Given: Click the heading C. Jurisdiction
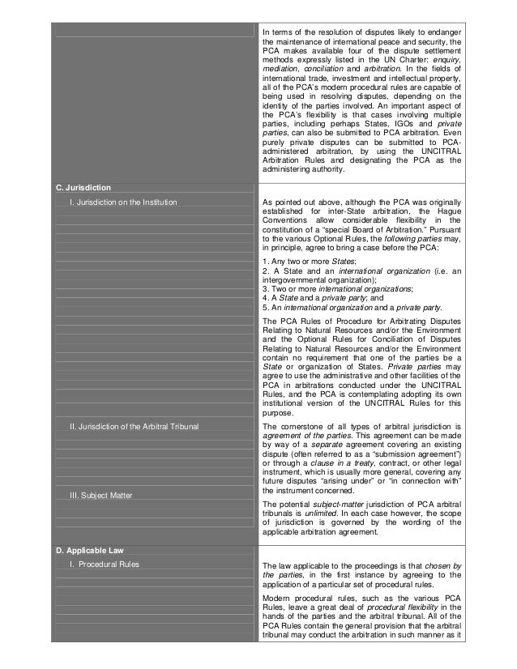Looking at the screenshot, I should [83, 187].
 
